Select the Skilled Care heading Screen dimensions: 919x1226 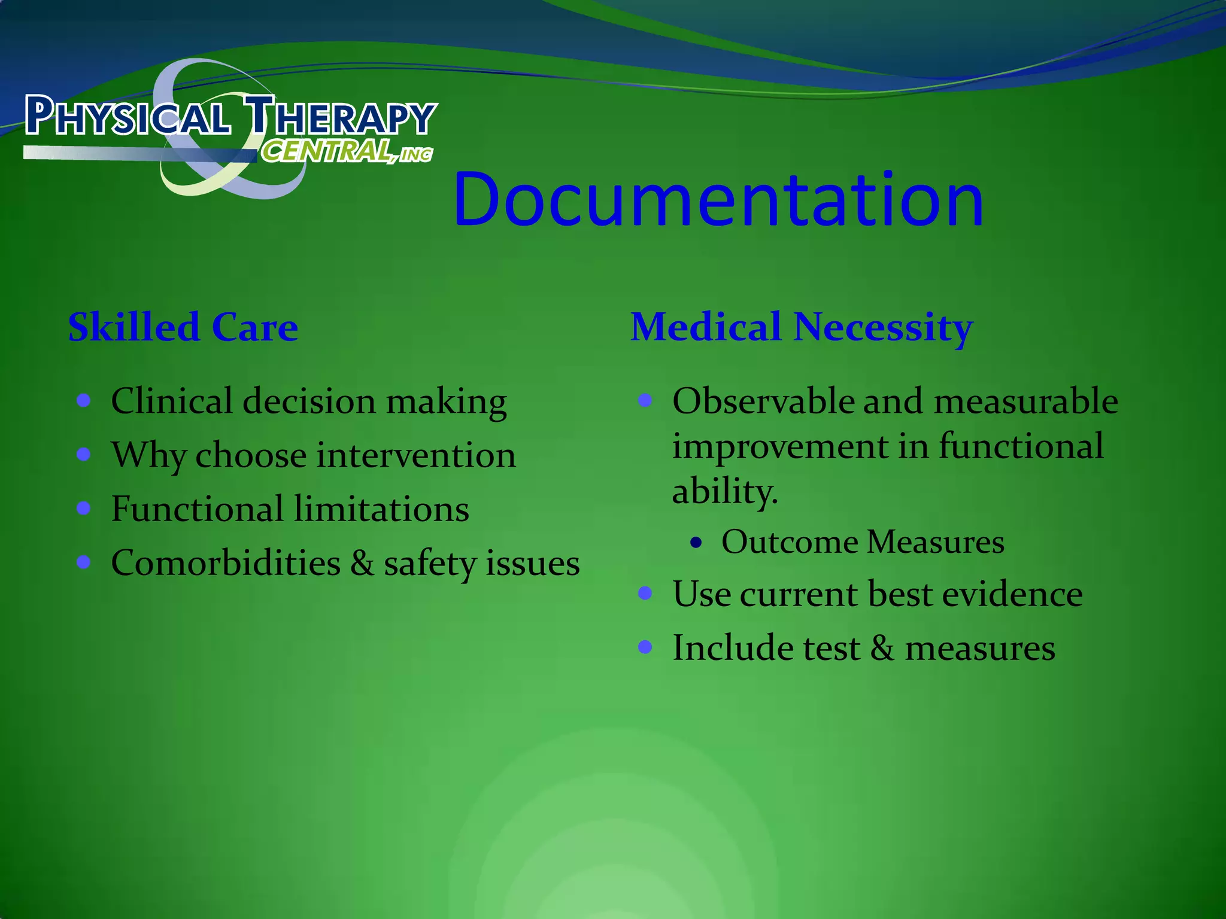coord(183,327)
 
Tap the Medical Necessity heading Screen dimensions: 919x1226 coord(802,327)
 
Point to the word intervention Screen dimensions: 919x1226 coord(416,455)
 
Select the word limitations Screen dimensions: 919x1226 coord(381,509)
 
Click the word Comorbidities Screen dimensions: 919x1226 coord(226,564)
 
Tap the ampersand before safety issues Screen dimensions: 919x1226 coord(362,564)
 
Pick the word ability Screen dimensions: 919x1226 coord(724,492)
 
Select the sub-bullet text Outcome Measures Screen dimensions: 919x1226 coord(863,542)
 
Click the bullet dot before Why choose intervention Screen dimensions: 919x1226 coord(84,455)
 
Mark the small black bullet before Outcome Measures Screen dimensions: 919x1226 coord(695,543)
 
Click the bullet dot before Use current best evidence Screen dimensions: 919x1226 coord(645,593)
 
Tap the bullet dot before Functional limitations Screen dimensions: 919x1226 coord(84,509)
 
